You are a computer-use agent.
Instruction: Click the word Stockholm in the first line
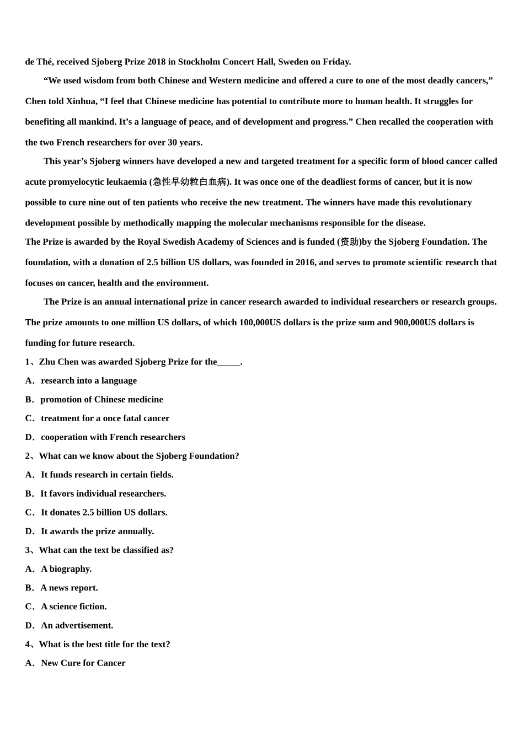199,62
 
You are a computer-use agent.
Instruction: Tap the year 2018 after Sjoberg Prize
157,62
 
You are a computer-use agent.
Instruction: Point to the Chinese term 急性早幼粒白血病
190,182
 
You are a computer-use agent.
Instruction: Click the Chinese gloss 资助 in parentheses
350,242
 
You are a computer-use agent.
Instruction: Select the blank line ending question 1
229,362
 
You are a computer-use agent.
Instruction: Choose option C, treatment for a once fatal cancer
105,418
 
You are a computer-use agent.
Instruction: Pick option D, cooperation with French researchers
113,437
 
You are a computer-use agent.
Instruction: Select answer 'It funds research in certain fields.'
107,475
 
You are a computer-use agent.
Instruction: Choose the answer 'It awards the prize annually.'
97,531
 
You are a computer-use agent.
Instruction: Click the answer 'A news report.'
69,588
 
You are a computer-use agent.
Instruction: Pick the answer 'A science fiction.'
74,606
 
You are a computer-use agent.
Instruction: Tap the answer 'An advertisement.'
77,625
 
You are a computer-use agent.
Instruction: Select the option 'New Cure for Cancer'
83,663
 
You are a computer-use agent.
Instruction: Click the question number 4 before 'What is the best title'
28,645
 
